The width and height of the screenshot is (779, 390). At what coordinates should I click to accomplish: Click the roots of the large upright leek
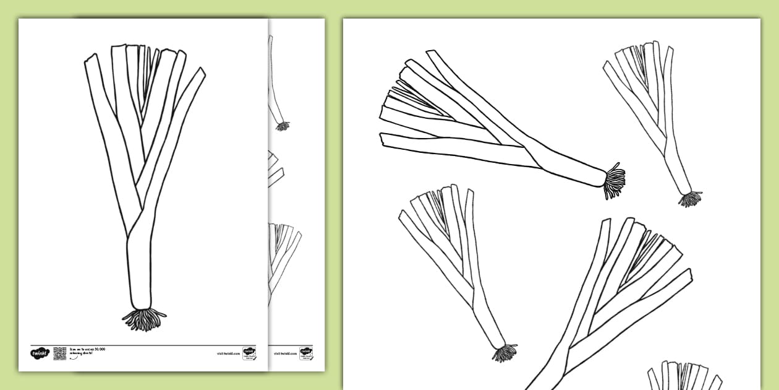click(144, 319)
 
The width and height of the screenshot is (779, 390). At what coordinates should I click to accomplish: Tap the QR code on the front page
click(60, 353)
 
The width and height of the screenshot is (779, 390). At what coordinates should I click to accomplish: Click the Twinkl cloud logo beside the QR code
click(39, 353)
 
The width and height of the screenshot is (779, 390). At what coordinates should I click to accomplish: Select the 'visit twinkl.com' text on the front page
click(228, 353)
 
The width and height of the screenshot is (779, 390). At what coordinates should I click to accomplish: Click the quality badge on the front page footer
click(249, 353)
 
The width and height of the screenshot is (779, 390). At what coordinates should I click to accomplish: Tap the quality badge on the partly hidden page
click(305, 353)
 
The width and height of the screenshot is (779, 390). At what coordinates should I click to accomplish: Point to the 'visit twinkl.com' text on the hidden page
click(284, 353)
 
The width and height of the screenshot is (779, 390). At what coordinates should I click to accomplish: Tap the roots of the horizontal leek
click(614, 181)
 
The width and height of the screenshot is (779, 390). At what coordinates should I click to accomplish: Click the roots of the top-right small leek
click(690, 199)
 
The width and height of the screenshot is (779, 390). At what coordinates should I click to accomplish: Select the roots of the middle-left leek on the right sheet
click(504, 353)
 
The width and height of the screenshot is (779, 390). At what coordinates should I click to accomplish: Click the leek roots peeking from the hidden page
click(283, 126)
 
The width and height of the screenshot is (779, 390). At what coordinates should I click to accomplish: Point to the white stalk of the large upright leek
click(138, 272)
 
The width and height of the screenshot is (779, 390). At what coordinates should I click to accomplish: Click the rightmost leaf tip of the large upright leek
click(200, 72)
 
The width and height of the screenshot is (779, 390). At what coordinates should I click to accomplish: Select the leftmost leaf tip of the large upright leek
click(91, 59)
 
